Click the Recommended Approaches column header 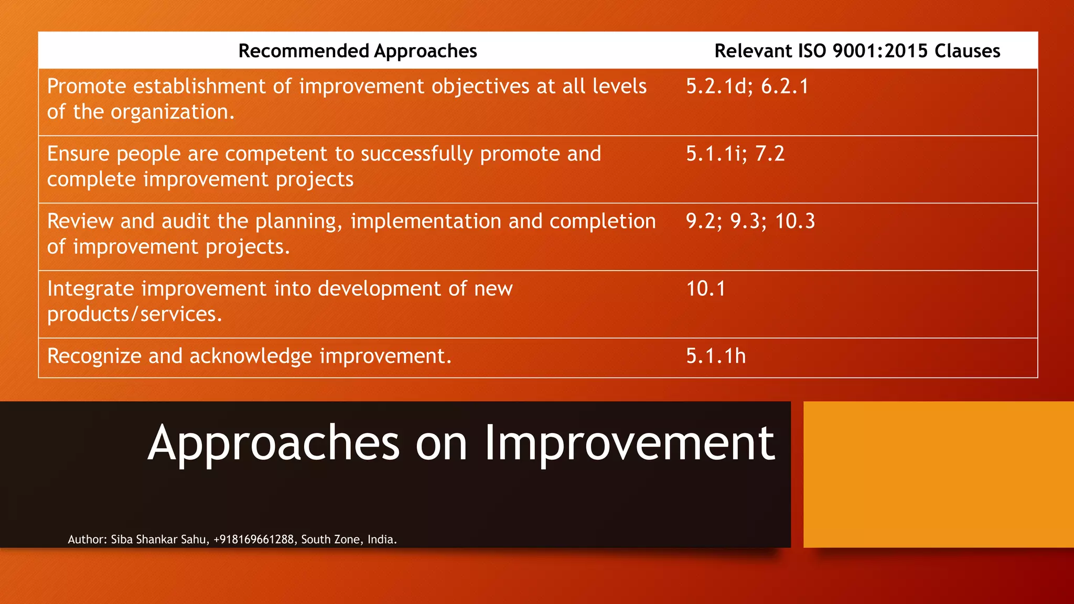[358, 51]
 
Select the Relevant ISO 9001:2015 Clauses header [857, 51]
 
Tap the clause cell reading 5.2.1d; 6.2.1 [747, 87]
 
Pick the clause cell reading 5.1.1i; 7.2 [735, 154]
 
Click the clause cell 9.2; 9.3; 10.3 [750, 221]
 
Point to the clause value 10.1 [706, 289]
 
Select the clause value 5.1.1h [716, 357]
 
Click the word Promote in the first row [87, 87]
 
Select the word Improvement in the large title [629, 443]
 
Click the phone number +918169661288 [254, 540]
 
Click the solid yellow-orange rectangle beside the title [938, 474]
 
